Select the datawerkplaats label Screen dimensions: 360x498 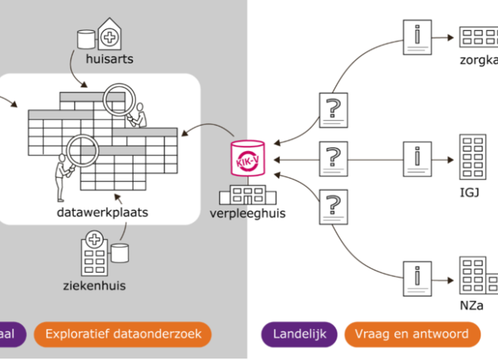coord(102,213)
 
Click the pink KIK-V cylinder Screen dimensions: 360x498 coord(248,157)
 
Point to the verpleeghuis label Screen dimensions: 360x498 coord(247,213)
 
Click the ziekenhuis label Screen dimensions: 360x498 coord(96,285)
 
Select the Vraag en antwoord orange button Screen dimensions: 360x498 coord(417,334)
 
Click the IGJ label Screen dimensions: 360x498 coord(469,192)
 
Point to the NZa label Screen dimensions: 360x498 coord(470,305)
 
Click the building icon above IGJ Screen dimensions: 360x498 coord(473,158)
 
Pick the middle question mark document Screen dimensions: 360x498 coord(333,159)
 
